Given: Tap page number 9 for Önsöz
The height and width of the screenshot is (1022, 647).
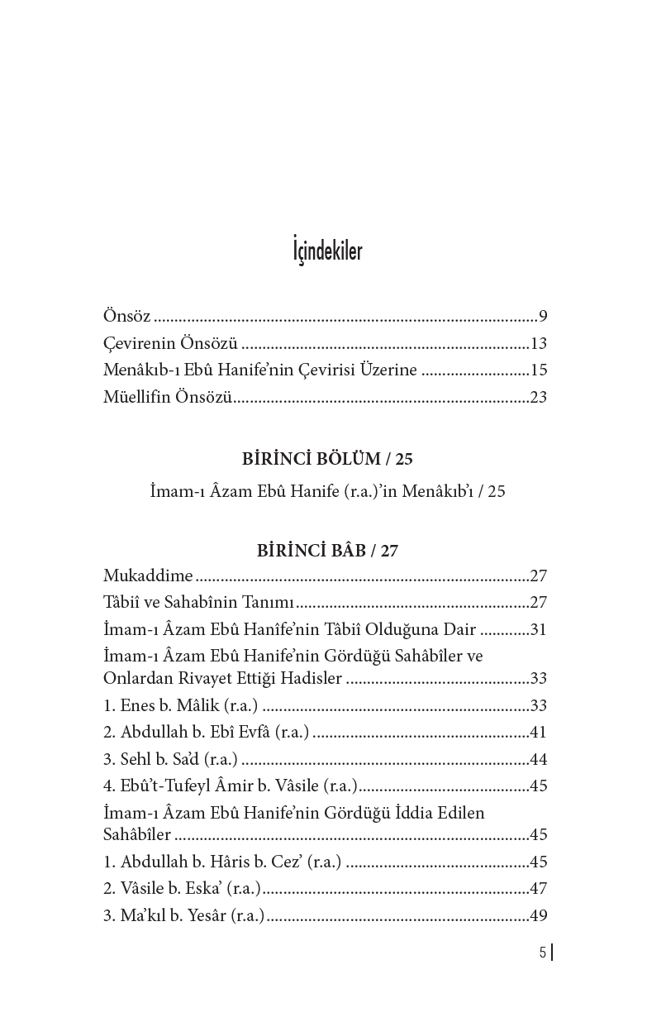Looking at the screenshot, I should [x=543, y=316].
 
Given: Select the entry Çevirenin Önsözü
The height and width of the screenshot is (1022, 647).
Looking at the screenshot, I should [x=170, y=343].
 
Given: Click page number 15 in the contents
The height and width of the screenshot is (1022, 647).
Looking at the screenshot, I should [x=539, y=370].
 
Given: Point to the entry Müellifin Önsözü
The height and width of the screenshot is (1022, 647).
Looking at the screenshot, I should [x=168, y=397].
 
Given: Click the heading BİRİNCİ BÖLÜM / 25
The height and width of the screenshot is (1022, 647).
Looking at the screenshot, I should [x=327, y=458].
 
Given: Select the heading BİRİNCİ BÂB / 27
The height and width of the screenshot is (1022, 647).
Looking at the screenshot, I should [x=327, y=551].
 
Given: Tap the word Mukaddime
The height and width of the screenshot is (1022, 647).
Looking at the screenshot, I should [x=148, y=576].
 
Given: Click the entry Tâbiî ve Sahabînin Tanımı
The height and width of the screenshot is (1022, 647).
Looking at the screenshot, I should [x=199, y=603].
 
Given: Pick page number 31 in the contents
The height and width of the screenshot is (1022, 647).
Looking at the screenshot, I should [x=539, y=629].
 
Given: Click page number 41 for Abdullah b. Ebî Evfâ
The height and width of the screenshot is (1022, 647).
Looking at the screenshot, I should [x=539, y=733].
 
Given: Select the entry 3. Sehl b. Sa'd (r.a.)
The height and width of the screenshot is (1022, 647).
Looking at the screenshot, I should [x=170, y=759].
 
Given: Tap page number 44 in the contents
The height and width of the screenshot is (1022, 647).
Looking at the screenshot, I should [x=539, y=759].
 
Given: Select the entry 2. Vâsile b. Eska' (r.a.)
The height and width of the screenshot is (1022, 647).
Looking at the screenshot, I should [x=183, y=889].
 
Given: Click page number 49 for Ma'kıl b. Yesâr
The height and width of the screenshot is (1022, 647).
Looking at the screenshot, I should [x=539, y=915].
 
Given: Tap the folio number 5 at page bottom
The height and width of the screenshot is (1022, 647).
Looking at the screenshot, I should [x=542, y=953].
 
